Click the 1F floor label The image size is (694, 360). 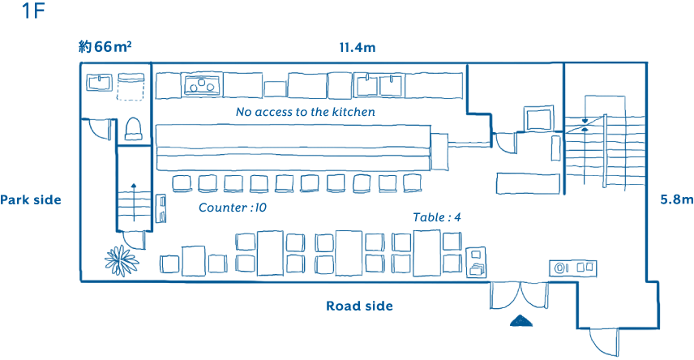pyautogui.click(x=33, y=12)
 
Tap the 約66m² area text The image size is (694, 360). pyautogui.click(x=105, y=47)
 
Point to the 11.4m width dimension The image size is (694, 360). pyautogui.click(x=357, y=47)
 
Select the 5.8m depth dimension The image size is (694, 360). pyautogui.click(x=676, y=199)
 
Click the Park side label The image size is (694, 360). pyautogui.click(x=31, y=199)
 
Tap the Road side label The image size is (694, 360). pyautogui.click(x=359, y=306)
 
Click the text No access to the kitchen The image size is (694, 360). pyautogui.click(x=305, y=112)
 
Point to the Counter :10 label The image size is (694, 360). pyautogui.click(x=232, y=208)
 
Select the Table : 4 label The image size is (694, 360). pyautogui.click(x=437, y=217)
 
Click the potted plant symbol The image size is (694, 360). pyautogui.click(x=120, y=260)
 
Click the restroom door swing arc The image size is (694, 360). pyautogui.click(x=97, y=130)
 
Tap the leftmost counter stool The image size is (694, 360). pyautogui.click(x=181, y=183)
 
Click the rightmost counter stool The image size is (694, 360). pyautogui.click(x=413, y=183)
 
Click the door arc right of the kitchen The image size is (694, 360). pyautogui.click(x=505, y=142)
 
